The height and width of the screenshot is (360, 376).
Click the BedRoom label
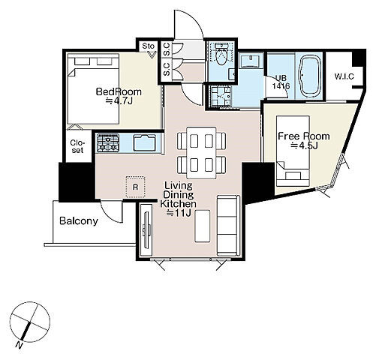tap(119, 91)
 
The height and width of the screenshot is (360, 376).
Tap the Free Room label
tap(304, 136)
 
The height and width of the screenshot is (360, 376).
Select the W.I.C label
tap(344, 76)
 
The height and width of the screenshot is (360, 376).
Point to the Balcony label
tap(79, 221)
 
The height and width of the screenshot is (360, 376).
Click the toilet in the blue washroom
tap(221, 53)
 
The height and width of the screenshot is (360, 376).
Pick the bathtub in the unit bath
tap(310, 76)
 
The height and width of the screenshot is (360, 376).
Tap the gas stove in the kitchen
tap(108, 142)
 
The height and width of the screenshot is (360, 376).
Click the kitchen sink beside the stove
tap(145, 142)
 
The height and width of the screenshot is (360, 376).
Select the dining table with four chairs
tap(201, 152)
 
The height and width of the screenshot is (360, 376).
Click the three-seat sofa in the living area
tap(228, 226)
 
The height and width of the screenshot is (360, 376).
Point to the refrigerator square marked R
tap(135, 187)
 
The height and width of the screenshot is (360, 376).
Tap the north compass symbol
tap(29, 322)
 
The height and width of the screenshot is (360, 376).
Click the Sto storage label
tap(148, 46)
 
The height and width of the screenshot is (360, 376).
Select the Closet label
tap(77, 146)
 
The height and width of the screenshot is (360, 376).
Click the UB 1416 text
tap(281, 82)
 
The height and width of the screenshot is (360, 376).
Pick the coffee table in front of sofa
tap(202, 226)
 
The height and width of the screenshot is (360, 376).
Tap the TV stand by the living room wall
tap(146, 230)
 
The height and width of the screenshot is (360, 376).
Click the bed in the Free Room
tap(293, 151)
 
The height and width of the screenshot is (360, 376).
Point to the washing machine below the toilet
tap(221, 96)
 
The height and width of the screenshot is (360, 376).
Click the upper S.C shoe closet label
tap(167, 49)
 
